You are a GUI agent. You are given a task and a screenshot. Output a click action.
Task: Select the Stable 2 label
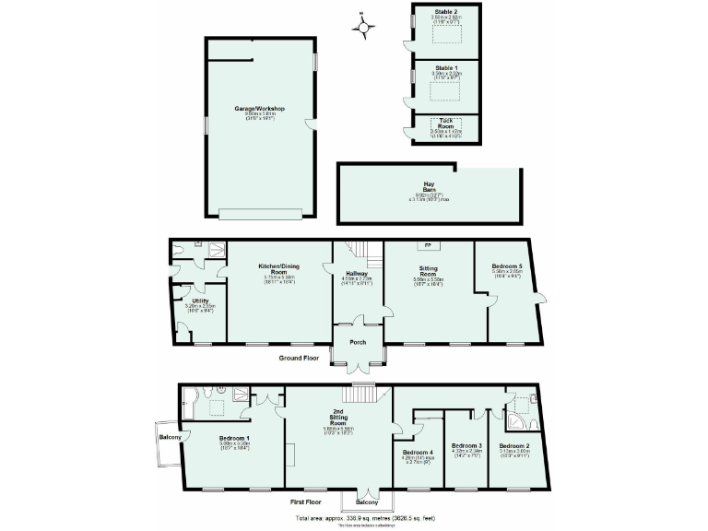pyautogui.click(x=446, y=11)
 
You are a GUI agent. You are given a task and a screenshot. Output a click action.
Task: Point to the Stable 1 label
pyautogui.click(x=446, y=67)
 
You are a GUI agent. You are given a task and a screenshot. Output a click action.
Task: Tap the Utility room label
pyautogui.click(x=200, y=301)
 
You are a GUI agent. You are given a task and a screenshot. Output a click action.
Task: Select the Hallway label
pyautogui.click(x=357, y=274)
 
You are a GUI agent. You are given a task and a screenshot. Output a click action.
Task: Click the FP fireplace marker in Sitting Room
pyautogui.click(x=428, y=246)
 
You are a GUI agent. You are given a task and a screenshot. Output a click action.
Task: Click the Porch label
pyautogui.click(x=357, y=342)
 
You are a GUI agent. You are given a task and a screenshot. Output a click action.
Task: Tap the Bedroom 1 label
pyautogui.click(x=235, y=438)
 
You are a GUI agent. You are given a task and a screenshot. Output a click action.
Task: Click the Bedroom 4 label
pyautogui.click(x=419, y=452)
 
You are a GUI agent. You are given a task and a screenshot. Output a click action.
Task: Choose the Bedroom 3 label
pyautogui.click(x=466, y=446)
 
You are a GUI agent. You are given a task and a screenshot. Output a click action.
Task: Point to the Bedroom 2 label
pyautogui.click(x=514, y=446)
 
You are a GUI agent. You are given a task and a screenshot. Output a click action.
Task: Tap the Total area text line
pyautogui.click(x=366, y=518)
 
